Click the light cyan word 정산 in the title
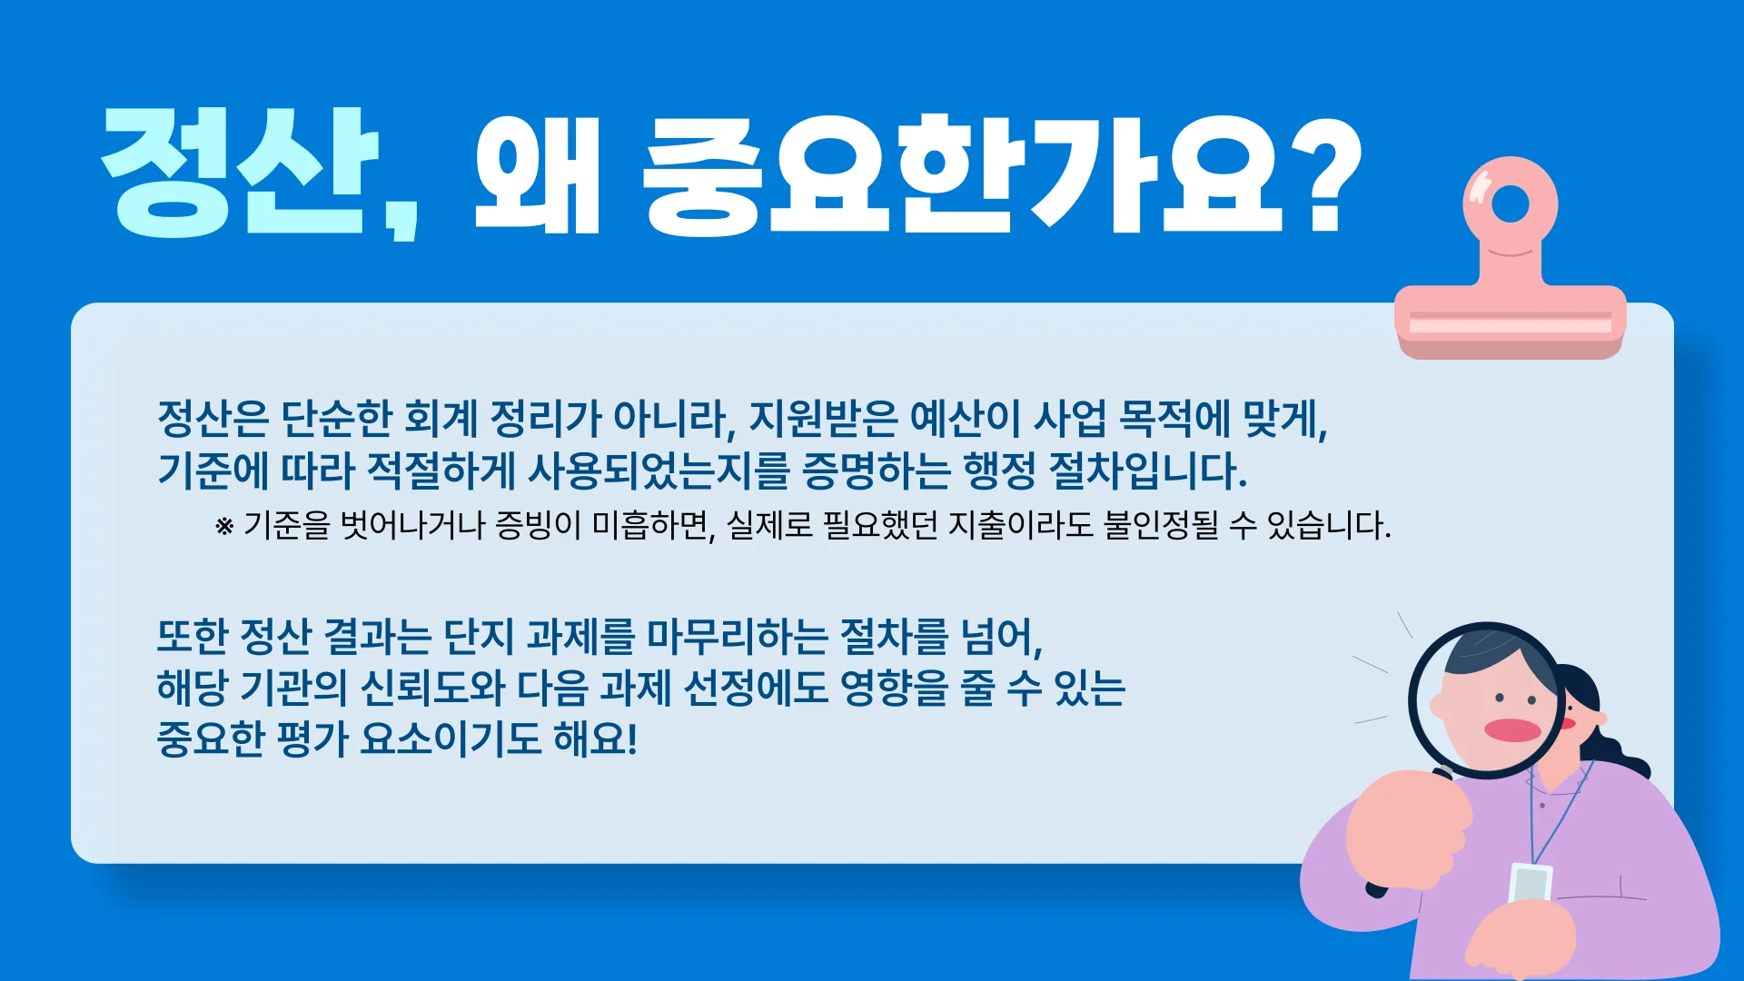(238, 173)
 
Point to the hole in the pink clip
(1511, 203)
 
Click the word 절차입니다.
(1147, 470)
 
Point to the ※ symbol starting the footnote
(224, 526)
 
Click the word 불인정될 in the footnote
(1160, 525)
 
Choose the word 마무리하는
(737, 636)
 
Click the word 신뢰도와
(432, 688)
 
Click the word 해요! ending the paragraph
(595, 738)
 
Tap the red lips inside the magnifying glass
(1512, 730)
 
